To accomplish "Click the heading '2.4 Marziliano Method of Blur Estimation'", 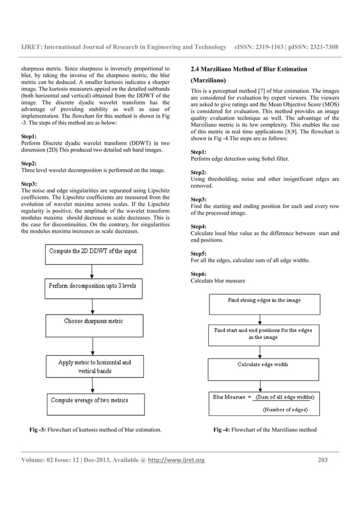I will click(x=249, y=69).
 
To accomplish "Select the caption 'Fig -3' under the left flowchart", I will click(x=37, y=430).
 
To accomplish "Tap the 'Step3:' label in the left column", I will click(x=29, y=184).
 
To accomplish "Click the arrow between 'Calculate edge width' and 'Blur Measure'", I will click(x=260, y=386).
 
